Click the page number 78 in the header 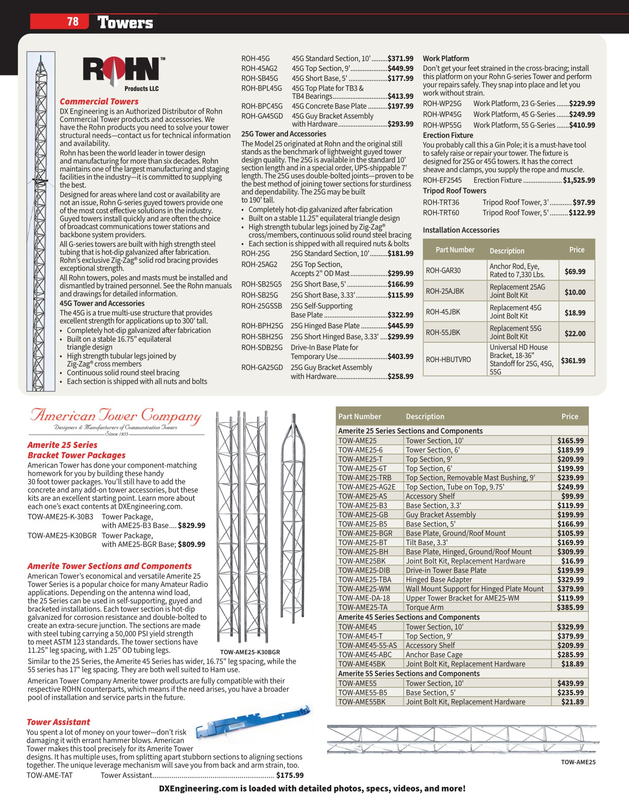[x=73, y=22]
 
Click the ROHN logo [x=121, y=70]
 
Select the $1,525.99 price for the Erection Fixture [x=579, y=181]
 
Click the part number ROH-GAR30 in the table [x=443, y=271]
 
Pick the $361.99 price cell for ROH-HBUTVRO [x=573, y=361]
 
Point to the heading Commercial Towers [x=99, y=101]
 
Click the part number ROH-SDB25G [x=262, y=348]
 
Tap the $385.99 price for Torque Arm [x=570, y=607]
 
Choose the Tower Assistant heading [x=58, y=722]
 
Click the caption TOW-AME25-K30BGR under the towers [x=250, y=652]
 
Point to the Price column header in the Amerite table [x=569, y=417]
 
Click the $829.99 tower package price [x=191, y=526]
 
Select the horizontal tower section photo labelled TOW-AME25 [x=461, y=740]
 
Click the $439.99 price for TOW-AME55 [x=570, y=684]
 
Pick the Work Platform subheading [x=446, y=59]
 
